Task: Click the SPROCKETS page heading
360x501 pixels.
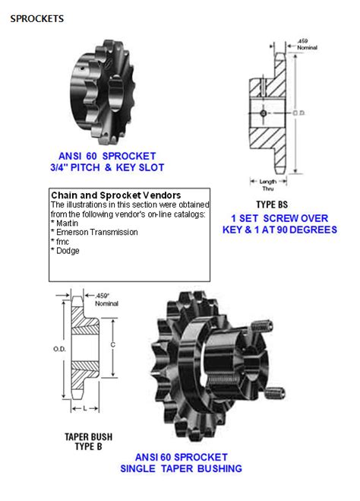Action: click(x=36, y=18)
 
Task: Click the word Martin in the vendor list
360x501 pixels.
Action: click(x=67, y=223)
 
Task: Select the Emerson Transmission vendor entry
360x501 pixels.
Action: click(x=97, y=233)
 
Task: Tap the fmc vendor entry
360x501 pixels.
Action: click(x=62, y=242)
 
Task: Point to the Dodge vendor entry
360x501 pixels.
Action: click(x=68, y=251)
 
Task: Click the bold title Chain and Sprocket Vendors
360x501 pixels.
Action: click(x=116, y=195)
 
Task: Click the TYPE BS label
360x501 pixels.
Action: click(x=272, y=205)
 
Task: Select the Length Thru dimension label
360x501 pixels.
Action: click(x=268, y=185)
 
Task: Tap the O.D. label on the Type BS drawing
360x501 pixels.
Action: click(x=298, y=113)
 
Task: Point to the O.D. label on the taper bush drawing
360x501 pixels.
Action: click(x=59, y=349)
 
